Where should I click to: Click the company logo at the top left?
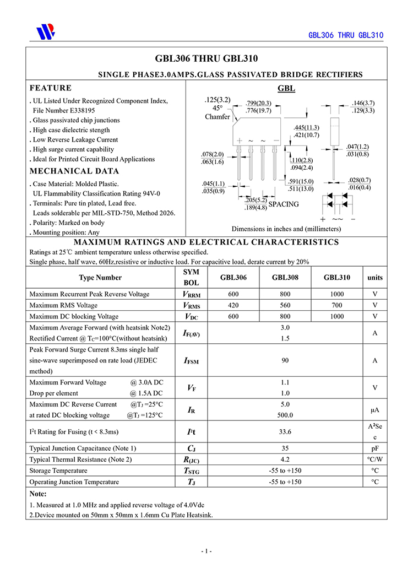[45, 32]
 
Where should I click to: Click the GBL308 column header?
[285, 278]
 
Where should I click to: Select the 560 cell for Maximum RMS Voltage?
[285, 305]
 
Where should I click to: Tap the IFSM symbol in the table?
[191, 361]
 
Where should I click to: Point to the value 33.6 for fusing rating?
[285, 431]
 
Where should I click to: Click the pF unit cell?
[375, 448]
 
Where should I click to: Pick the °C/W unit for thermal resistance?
[375, 459]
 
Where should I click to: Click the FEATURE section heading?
[51, 88]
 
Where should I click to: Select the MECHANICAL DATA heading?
[74, 171]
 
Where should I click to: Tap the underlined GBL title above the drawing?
[286, 89]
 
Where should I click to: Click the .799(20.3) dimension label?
[259, 104]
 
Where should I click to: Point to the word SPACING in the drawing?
[284, 204]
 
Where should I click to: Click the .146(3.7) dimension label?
[363, 103]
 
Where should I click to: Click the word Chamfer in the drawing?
[218, 117]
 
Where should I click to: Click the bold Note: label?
[38, 494]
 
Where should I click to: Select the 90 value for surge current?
[285, 360]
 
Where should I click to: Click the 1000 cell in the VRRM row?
[337, 294]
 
